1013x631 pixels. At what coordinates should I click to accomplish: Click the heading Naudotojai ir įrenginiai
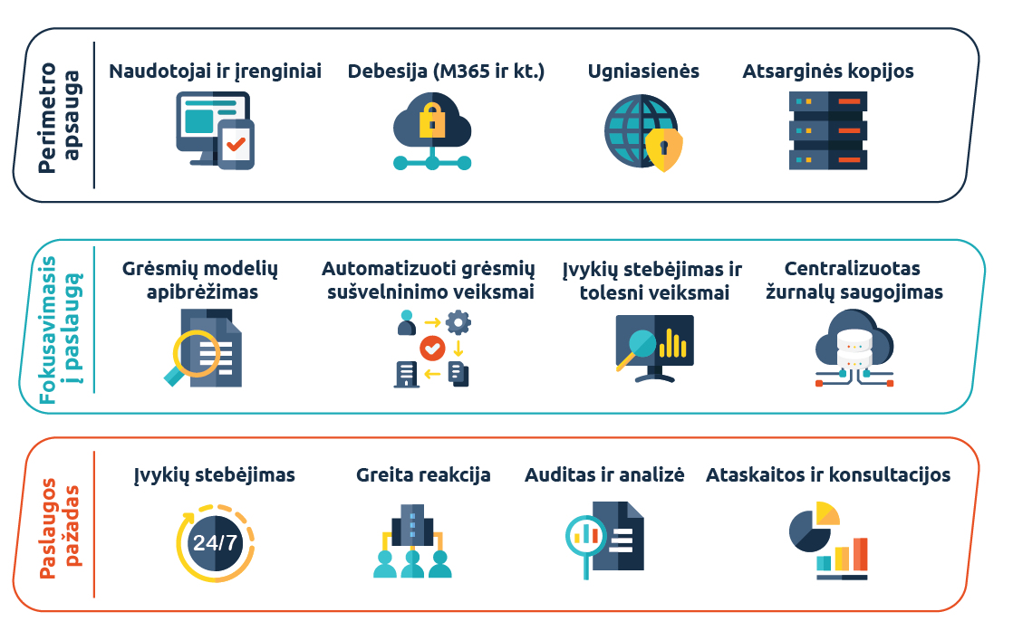click(215, 71)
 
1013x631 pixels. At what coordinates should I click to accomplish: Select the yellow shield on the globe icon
click(663, 148)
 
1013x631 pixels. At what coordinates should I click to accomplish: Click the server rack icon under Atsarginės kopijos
click(828, 131)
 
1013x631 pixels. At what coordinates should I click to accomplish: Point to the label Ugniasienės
click(643, 71)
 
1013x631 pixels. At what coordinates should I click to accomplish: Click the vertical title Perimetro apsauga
click(59, 116)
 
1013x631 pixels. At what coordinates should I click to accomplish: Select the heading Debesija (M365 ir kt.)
click(446, 71)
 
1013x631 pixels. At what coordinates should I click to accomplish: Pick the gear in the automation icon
click(458, 321)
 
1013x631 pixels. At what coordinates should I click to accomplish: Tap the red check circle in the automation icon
click(431, 347)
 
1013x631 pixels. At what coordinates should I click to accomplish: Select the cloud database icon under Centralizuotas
click(854, 349)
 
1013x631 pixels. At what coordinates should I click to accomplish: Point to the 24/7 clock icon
click(215, 543)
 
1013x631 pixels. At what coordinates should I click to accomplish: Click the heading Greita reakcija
click(423, 474)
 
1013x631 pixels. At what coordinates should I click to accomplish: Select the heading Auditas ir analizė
click(604, 474)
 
